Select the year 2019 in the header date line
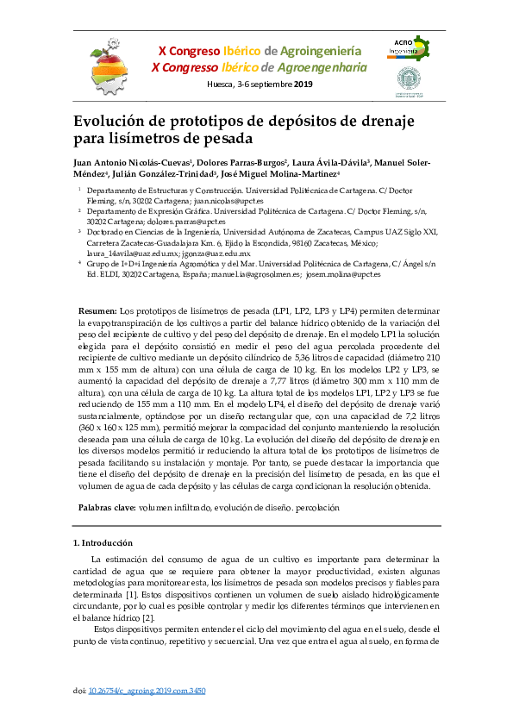(304, 84)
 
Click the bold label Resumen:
(97, 310)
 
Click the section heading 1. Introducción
(103, 543)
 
